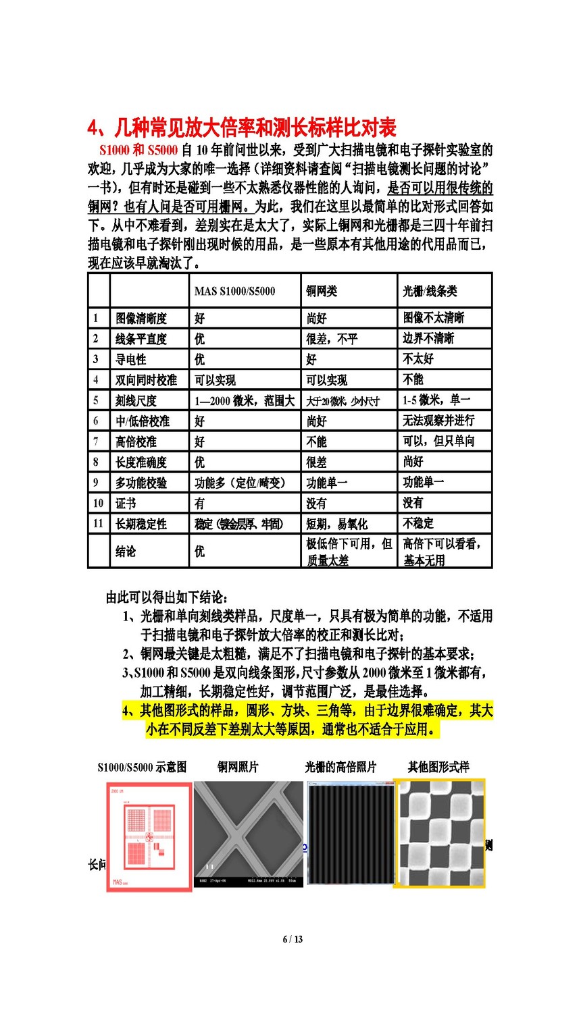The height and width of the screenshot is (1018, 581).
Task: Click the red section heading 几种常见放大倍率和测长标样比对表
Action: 242,128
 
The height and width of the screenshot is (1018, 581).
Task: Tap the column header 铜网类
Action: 322,291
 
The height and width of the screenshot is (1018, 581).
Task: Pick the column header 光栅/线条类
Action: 430,291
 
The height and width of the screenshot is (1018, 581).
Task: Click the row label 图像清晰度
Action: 141,318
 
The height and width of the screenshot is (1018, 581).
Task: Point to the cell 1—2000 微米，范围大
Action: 245,400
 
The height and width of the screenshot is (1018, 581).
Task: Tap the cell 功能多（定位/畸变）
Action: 240,483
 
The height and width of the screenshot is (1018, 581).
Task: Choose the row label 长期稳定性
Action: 141,523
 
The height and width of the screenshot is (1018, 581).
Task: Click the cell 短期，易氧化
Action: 336,523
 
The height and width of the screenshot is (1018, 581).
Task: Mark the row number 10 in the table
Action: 98,503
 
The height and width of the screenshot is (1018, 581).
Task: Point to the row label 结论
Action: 126,551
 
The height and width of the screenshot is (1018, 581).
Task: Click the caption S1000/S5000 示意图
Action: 142,767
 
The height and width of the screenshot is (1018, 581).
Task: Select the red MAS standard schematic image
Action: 149,836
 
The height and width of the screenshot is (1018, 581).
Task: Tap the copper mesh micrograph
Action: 249,834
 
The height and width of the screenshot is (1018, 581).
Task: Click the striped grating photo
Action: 350,834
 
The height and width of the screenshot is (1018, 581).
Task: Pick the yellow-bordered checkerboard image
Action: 440,832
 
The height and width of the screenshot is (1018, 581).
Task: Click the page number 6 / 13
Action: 293,939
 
